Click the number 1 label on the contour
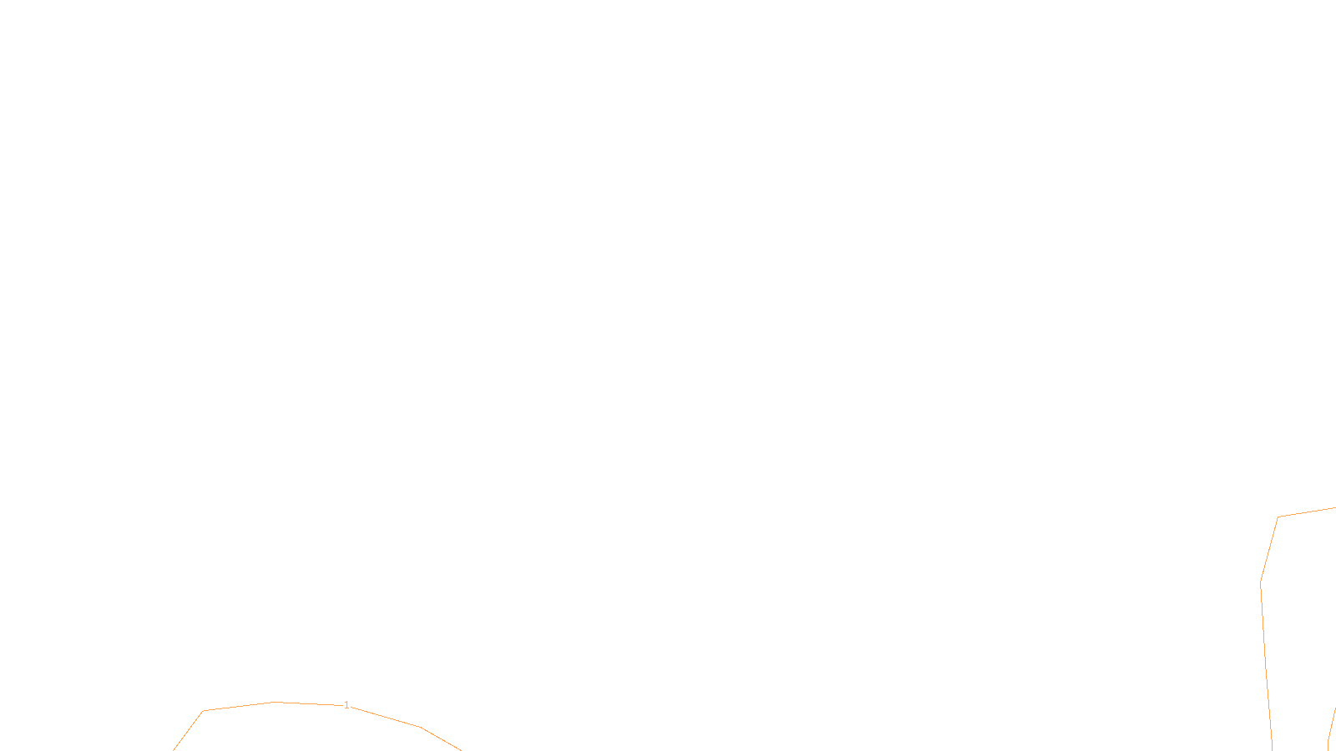click(x=347, y=705)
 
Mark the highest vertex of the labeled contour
click(x=274, y=702)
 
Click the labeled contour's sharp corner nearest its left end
click(x=203, y=711)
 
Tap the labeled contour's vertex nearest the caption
click(x=421, y=727)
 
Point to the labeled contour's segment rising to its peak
click(x=238, y=706)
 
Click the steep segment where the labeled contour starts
click(x=188, y=731)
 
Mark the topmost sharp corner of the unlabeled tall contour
click(x=1278, y=517)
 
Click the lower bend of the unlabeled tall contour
click(x=1261, y=582)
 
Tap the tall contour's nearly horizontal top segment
click(x=1307, y=512)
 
